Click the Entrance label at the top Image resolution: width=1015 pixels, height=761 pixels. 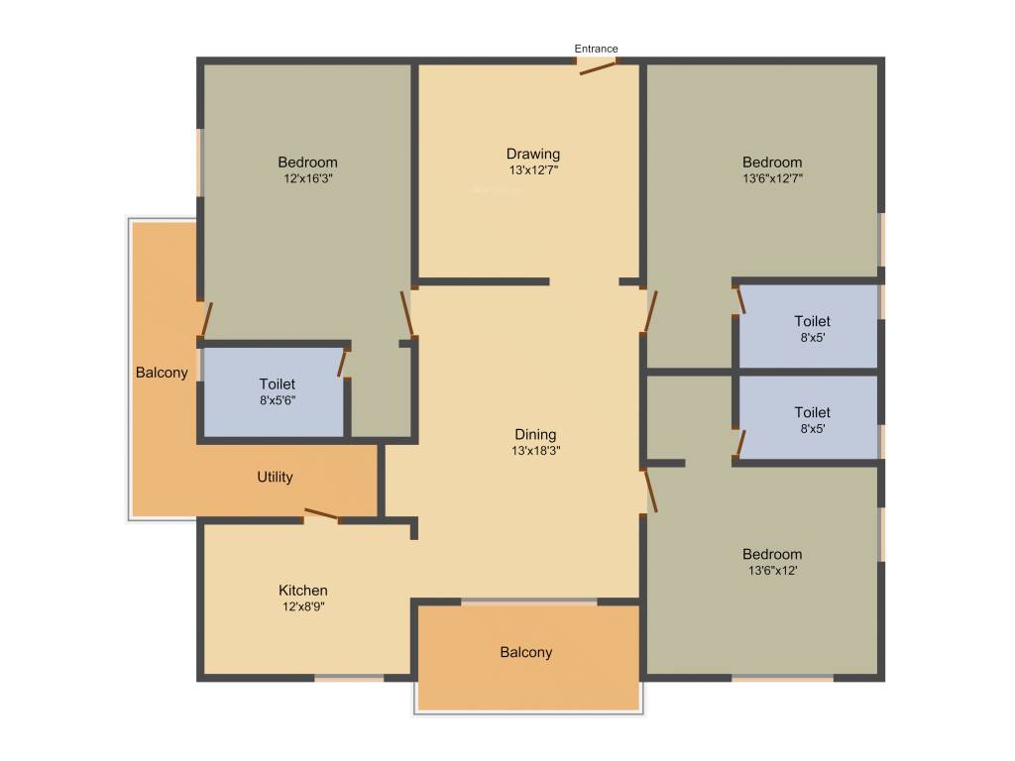597,49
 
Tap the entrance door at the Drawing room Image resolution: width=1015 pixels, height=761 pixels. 598,66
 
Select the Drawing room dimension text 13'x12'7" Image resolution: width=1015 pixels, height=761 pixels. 534,170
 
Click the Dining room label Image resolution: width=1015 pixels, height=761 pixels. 535,434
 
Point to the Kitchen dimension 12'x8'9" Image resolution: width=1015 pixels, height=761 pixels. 303,606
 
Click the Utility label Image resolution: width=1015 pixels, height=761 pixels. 275,477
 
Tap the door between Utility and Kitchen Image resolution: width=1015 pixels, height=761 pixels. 321,514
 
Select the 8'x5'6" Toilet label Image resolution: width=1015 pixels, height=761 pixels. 278,384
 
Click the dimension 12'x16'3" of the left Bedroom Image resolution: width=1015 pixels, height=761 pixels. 307,179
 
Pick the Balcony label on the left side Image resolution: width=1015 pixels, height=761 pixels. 162,373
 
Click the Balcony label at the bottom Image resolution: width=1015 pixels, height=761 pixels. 525,652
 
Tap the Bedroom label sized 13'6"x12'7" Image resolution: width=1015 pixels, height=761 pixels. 772,163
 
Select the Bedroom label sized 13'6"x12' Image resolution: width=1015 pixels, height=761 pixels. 772,554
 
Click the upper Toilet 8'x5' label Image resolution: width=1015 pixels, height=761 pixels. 812,321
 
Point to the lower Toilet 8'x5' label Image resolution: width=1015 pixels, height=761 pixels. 812,412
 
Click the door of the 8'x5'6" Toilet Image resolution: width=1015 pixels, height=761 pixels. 343,363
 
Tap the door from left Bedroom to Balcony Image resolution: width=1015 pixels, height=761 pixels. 205,320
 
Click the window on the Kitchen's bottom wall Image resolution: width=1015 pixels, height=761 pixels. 349,678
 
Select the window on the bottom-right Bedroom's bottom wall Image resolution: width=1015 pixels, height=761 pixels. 782,679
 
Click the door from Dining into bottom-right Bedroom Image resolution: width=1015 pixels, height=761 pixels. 649,490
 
